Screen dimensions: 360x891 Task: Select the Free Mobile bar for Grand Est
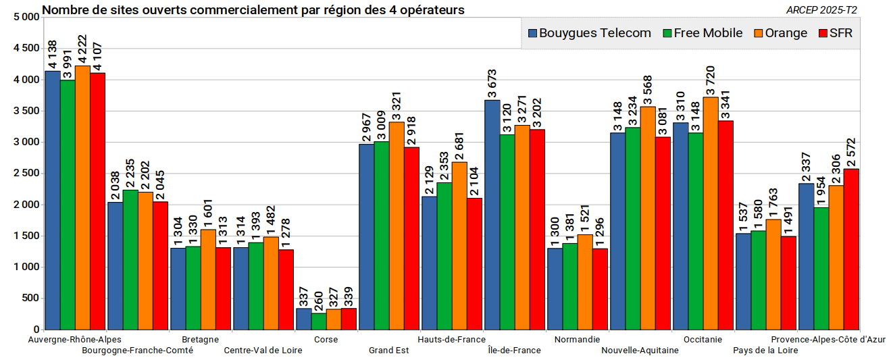click(x=381, y=236)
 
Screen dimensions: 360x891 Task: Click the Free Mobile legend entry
click(x=703, y=33)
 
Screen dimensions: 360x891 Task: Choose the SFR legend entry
click(x=835, y=33)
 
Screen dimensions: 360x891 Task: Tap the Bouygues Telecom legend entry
click(x=590, y=33)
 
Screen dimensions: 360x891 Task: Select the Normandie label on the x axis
click(x=577, y=340)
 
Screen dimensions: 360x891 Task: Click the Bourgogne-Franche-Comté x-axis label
click(x=137, y=351)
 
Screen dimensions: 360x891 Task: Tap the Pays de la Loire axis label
click(x=765, y=351)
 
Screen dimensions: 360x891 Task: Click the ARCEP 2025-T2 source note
click(x=822, y=10)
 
